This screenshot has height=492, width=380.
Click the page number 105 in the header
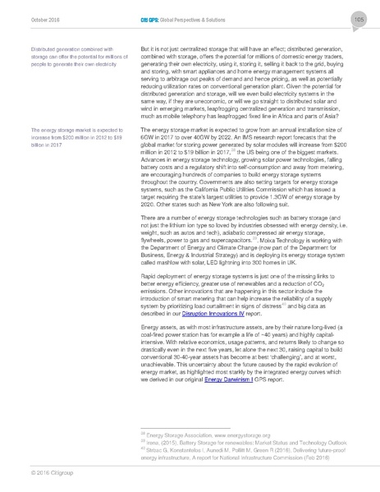359,19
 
